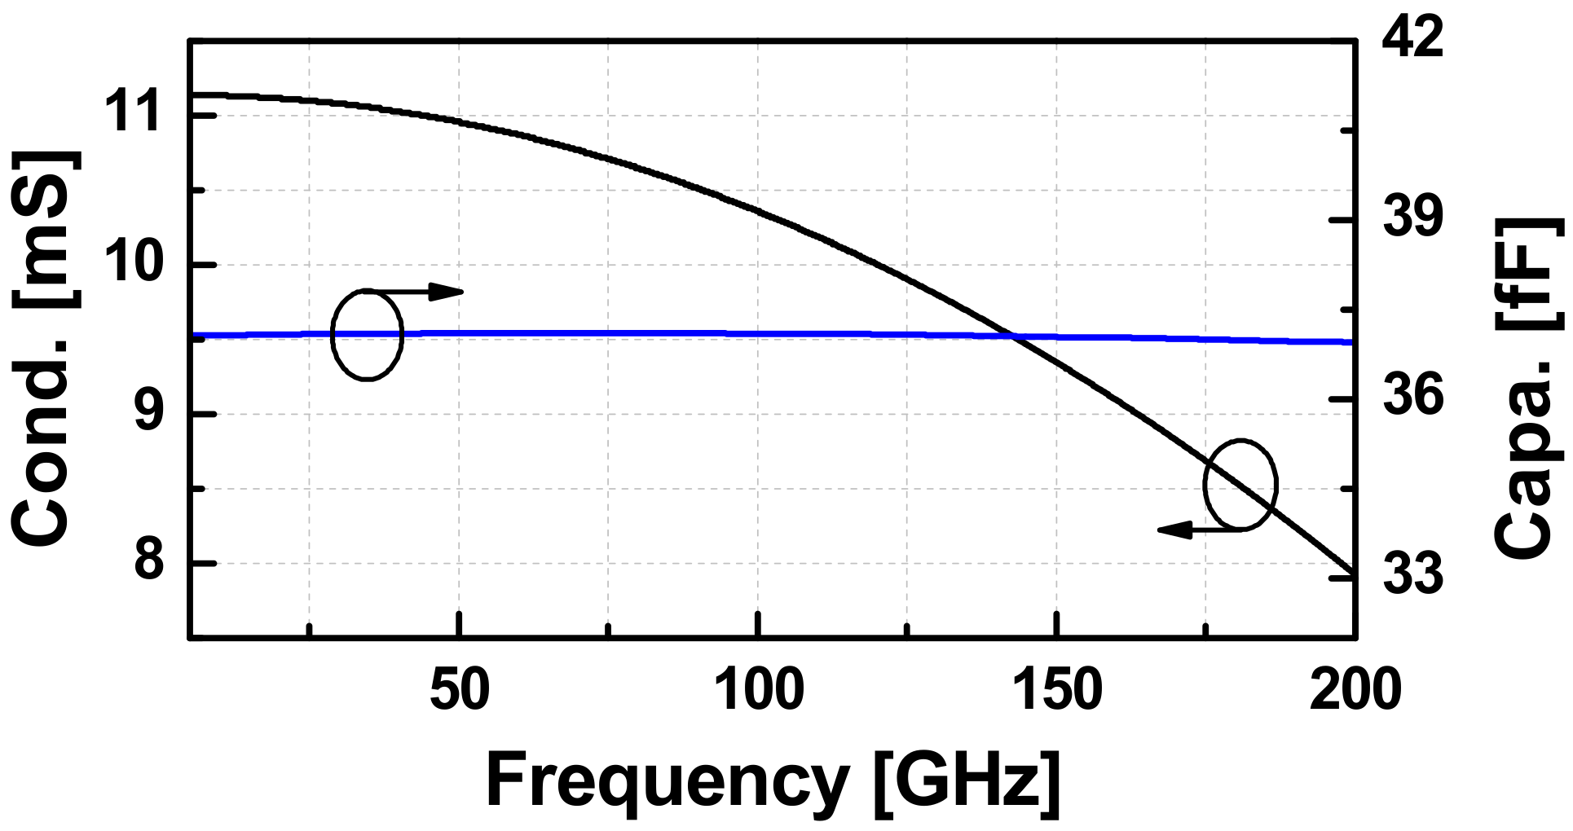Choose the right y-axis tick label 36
pos(1412,396)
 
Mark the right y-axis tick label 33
pos(1412,574)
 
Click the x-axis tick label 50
pos(460,690)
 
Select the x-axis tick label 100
pos(758,690)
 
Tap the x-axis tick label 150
pos(1057,690)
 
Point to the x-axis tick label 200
pos(1355,690)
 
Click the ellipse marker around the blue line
pos(367,334)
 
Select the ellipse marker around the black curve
pos(1240,485)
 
